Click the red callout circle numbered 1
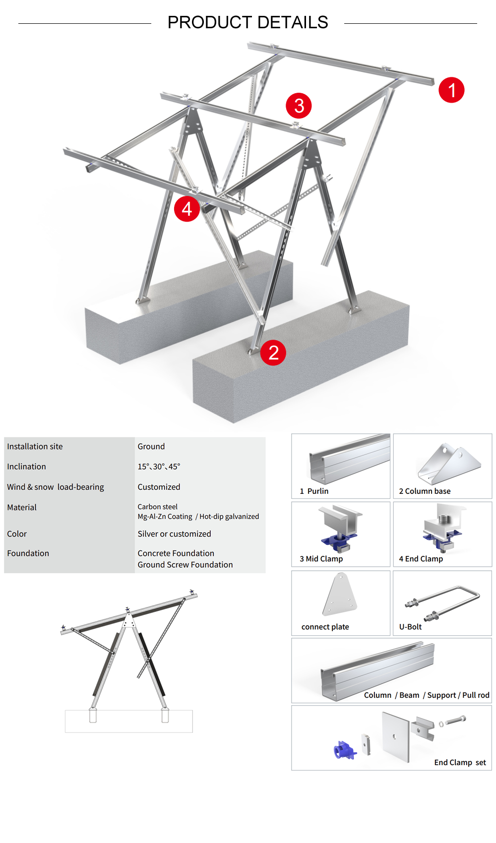[451, 90]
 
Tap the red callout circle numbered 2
[273, 352]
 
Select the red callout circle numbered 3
[299, 106]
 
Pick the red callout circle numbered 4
[186, 209]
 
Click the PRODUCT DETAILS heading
[248, 22]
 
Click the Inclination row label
[26, 466]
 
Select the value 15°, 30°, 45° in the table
[159, 466]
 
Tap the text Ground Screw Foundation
[185, 564]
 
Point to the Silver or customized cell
[174, 534]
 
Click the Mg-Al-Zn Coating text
[165, 516]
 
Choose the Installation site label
[35, 446]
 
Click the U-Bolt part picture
[442, 602]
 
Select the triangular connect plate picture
[339, 594]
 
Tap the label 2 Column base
[425, 491]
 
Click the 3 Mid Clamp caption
[321, 559]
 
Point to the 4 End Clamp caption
[421, 559]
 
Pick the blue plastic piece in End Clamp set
[344, 750]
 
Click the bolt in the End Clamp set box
[456, 721]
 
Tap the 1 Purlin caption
[314, 491]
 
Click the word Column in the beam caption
[377, 695]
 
